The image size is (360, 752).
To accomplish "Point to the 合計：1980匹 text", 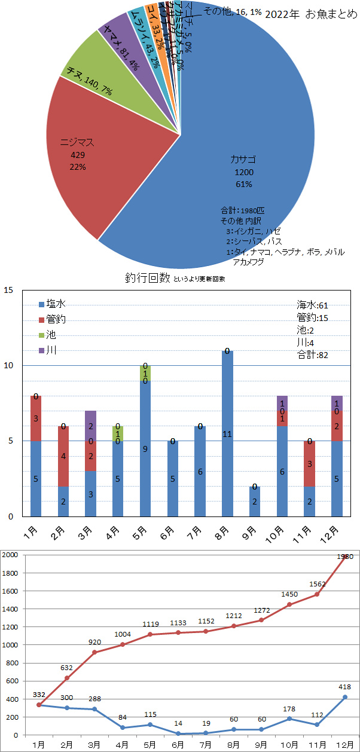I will coord(246,211).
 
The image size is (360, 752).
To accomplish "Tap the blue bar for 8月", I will coord(227,433).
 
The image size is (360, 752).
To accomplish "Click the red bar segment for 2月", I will coord(63,456).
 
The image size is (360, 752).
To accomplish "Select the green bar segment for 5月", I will coord(145,373).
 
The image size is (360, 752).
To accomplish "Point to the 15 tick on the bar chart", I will coord(8,291).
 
